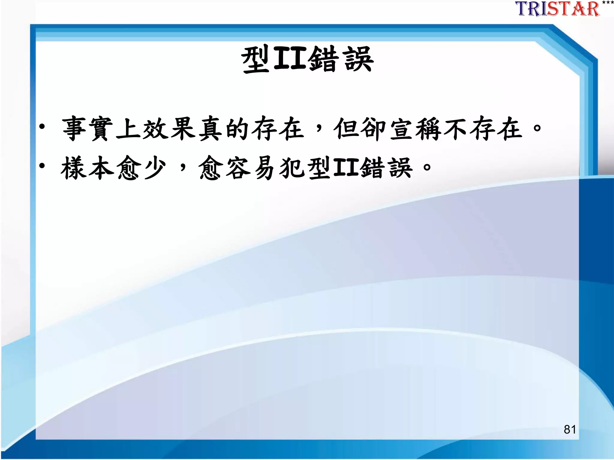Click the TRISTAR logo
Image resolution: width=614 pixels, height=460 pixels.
coord(558,9)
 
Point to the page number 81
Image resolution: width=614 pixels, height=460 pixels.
coord(570,429)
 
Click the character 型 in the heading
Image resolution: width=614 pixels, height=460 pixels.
coord(256,60)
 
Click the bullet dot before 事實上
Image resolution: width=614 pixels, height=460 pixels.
coord(42,127)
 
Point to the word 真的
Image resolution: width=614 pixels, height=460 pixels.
coord(224,129)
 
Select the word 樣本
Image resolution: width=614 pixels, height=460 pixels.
coord(87,168)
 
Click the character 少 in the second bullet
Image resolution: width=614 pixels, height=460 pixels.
coord(155,168)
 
